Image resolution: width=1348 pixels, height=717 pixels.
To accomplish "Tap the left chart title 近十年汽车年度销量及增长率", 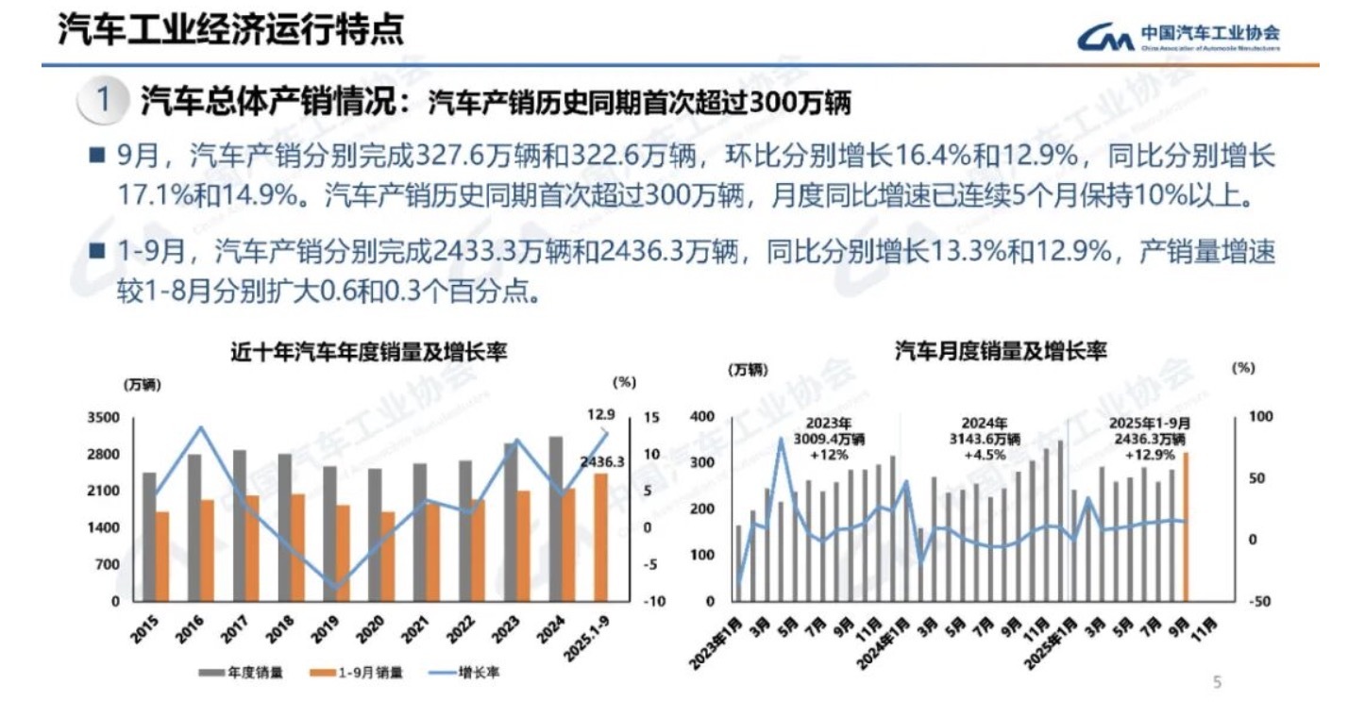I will pyautogui.click(x=369, y=354).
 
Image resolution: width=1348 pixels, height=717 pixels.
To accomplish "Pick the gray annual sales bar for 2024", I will pyautogui.click(x=555, y=518).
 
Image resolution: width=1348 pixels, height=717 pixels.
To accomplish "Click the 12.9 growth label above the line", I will pyautogui.click(x=599, y=413).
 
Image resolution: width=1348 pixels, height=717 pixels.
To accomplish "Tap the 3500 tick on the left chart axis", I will pyautogui.click(x=104, y=417).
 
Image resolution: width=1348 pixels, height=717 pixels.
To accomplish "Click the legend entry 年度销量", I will pyautogui.click(x=244, y=674).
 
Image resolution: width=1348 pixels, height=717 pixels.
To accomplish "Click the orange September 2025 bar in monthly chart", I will pyautogui.click(x=1185, y=525).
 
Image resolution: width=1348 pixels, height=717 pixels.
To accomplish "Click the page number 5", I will pyautogui.click(x=1217, y=682).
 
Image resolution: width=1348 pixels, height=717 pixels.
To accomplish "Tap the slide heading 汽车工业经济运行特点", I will pyautogui.click(x=231, y=30).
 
